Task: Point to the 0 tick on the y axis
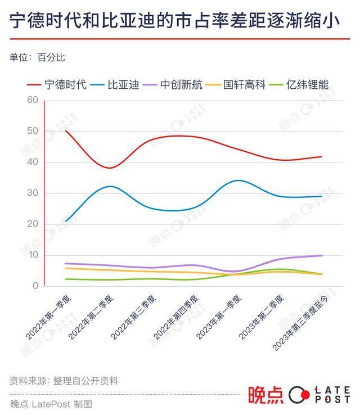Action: click(x=35, y=286)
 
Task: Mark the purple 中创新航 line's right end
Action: click(x=322, y=255)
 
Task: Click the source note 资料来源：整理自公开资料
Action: click(x=64, y=381)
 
